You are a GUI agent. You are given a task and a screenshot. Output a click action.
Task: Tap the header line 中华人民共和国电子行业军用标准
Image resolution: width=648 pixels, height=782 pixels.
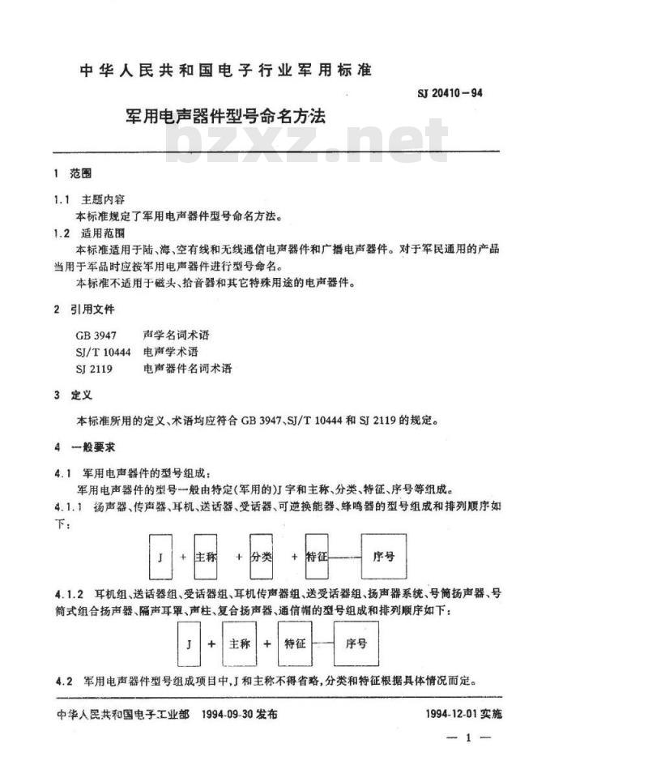point(225,71)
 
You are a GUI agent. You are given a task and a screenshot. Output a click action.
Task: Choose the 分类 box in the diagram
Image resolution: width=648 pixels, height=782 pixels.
point(262,557)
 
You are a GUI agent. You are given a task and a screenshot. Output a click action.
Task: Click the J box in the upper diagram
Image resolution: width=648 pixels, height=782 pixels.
point(160,558)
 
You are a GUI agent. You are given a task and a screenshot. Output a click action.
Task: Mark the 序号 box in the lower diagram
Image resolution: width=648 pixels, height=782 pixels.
point(356,643)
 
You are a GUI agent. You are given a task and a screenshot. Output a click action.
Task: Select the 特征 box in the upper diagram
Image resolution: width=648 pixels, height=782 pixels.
point(316,557)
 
